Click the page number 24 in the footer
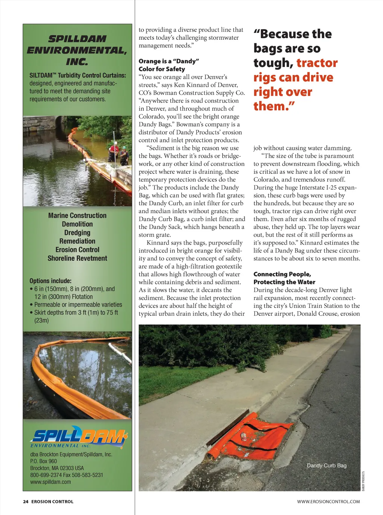point(25,502)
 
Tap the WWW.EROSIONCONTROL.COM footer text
point(328,502)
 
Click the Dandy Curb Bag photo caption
point(327,466)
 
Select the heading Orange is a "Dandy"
point(169,61)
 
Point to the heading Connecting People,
point(282,274)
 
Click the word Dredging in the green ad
point(77,233)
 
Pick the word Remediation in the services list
point(77,241)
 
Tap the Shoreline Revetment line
point(77,258)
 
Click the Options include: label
point(50,281)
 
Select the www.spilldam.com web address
point(50,482)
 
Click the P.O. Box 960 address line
point(44,461)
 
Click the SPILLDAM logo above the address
point(79,437)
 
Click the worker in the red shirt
point(114,152)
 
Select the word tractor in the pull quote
point(317,63)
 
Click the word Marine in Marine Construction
point(58,216)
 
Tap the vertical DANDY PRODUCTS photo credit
point(363,481)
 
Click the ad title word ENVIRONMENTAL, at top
point(77,51)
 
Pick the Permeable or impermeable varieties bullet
point(78,305)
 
